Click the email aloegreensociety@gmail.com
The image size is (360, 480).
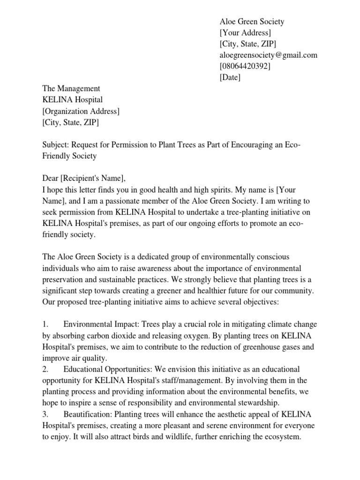pyautogui.click(x=269, y=55)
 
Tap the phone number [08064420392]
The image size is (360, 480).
pyautogui.click(x=245, y=67)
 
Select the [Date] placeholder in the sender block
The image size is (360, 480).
pyautogui.click(x=230, y=78)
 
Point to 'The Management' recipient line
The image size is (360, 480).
pyautogui.click(x=71, y=89)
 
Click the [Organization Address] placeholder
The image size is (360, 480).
pyautogui.click(x=81, y=111)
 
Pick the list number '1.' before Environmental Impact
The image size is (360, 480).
pyautogui.click(x=45, y=324)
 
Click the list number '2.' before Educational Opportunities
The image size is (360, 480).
pyautogui.click(x=45, y=369)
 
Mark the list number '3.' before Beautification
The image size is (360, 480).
pyautogui.click(x=45, y=414)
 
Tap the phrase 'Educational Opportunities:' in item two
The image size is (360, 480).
pyautogui.click(x=109, y=369)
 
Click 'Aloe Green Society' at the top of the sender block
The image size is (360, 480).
pyautogui.click(x=252, y=22)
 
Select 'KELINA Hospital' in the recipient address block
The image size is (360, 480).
pyautogui.click(x=72, y=100)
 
